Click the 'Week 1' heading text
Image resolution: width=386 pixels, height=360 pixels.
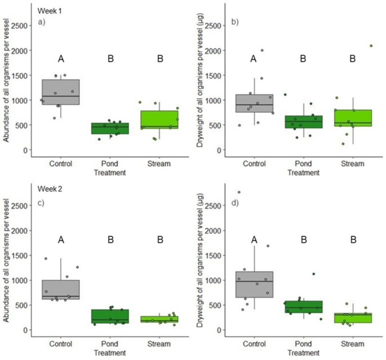coord(50,11)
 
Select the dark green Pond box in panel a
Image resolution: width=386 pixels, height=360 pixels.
coord(111,128)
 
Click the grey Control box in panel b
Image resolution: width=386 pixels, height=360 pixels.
coord(255,104)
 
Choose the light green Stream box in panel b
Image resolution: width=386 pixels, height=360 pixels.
coord(353,118)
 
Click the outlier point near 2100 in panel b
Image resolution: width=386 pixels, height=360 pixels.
coord(371,46)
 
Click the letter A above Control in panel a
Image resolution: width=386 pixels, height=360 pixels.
coord(61,59)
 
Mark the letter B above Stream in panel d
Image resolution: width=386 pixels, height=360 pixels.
coord(353,240)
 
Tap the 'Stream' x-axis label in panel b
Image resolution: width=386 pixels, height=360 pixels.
coord(353,164)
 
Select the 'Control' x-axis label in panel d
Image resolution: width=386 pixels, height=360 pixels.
coord(254,344)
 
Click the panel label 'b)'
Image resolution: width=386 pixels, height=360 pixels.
coord(235,22)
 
